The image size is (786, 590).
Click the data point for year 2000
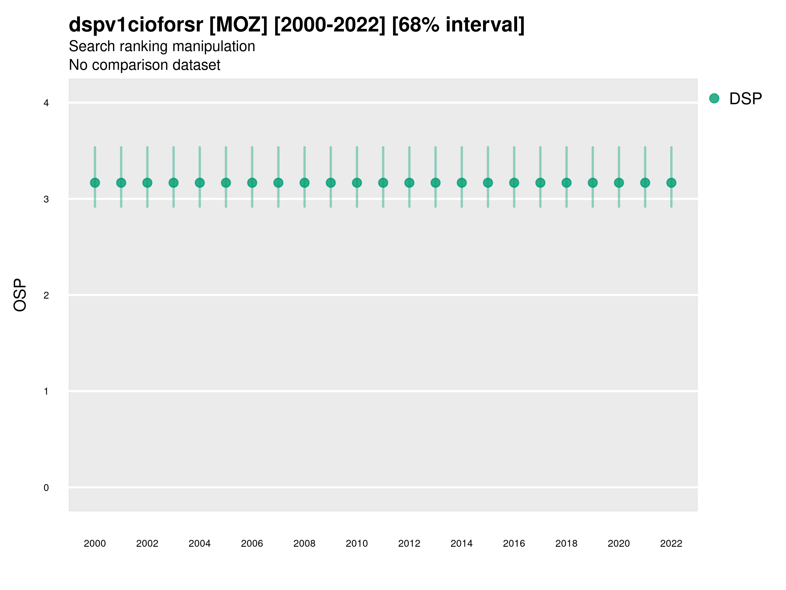click(x=95, y=183)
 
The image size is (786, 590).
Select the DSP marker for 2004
click(x=200, y=183)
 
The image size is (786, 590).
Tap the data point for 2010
click(x=357, y=183)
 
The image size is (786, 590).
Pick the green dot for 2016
click(x=514, y=183)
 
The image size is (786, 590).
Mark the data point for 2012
click(x=409, y=183)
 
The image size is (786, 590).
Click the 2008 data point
click(x=305, y=183)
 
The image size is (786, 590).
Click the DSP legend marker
click(x=714, y=99)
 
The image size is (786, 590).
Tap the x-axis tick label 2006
click(x=252, y=543)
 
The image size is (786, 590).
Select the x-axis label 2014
click(x=461, y=543)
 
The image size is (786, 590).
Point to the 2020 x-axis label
click(x=619, y=543)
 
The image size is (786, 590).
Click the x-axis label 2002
click(x=147, y=543)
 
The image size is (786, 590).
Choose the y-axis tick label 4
click(x=46, y=103)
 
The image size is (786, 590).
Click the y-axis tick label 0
click(x=46, y=488)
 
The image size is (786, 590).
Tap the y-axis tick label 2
click(x=46, y=295)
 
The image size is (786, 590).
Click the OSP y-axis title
click(x=20, y=295)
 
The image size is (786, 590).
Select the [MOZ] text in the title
click(x=238, y=25)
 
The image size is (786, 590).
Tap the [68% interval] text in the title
click(x=458, y=25)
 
